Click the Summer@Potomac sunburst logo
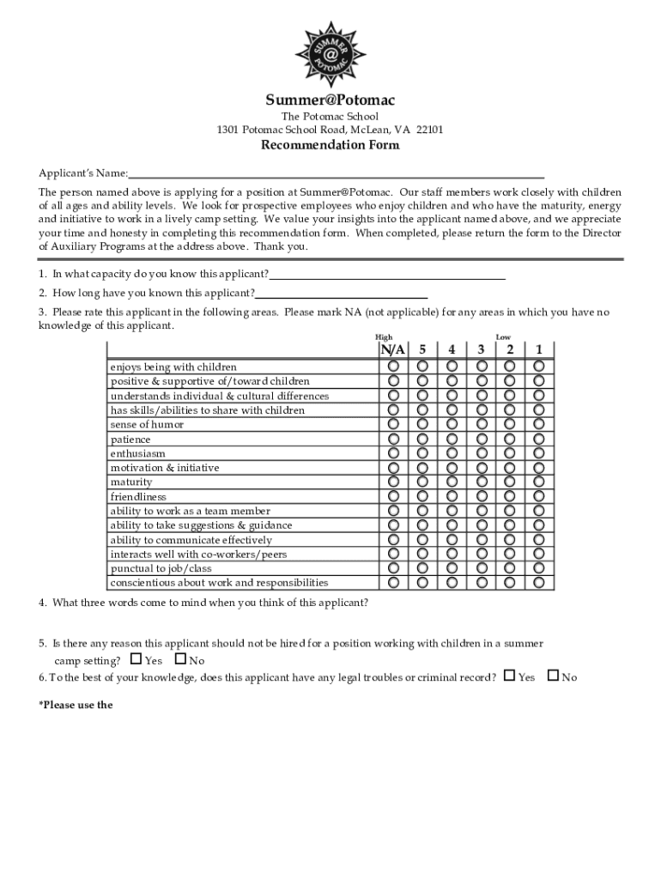point(330,53)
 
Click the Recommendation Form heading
point(330,145)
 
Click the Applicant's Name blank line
point(337,173)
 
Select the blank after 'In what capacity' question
point(387,275)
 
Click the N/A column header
point(393,349)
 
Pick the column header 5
point(422,349)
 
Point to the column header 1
point(539,349)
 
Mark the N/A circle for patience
point(393,439)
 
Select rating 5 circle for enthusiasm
point(422,453)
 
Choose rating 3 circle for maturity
point(482,482)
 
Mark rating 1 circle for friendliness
point(539,496)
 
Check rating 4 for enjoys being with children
point(452,367)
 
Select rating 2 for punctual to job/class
point(510,568)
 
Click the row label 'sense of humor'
point(147,425)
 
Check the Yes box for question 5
point(136,659)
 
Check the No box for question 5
point(180,659)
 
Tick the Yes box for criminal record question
point(509,676)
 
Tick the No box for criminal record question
point(553,676)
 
